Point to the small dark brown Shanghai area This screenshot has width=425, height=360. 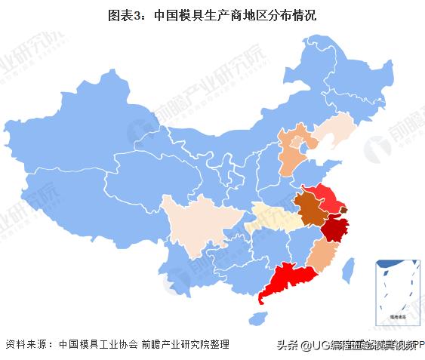(344, 210)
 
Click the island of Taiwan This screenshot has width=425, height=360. (349, 269)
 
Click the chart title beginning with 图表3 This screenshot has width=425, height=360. (211, 14)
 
